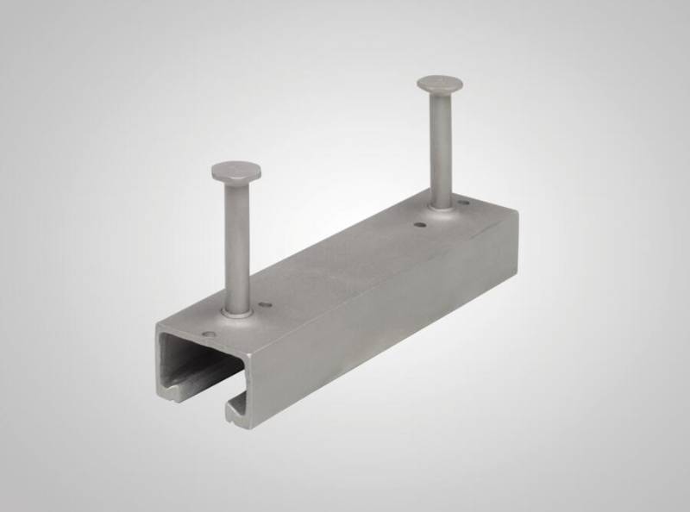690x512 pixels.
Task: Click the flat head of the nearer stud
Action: coord(232,169)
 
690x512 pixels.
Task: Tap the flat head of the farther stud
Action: coord(439,84)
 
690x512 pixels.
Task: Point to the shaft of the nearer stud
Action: coord(234,241)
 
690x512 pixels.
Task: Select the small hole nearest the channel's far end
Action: coord(467,205)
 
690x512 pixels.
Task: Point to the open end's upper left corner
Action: coord(157,326)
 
